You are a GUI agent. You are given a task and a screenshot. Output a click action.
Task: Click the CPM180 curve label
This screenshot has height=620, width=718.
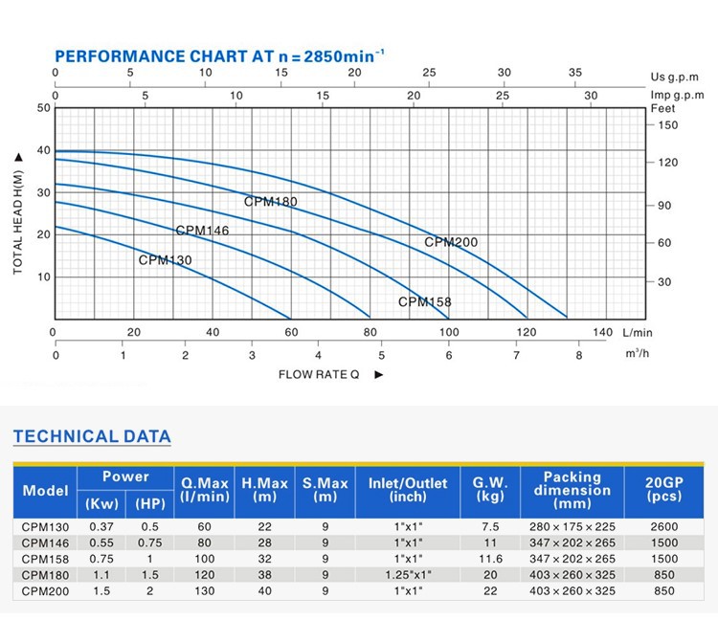[x=270, y=202]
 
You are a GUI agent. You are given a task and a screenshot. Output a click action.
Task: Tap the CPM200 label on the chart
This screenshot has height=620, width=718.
[x=450, y=243]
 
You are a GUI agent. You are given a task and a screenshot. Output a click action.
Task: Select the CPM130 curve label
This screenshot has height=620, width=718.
[x=165, y=260]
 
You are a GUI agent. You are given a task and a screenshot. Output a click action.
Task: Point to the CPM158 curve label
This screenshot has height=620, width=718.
[x=424, y=302]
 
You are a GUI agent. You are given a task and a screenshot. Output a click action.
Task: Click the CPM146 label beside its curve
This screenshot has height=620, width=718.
[x=202, y=231]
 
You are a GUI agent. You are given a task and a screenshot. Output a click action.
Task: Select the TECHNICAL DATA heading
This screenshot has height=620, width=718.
[x=92, y=437]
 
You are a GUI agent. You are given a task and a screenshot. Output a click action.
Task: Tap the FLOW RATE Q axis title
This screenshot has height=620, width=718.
[x=319, y=374]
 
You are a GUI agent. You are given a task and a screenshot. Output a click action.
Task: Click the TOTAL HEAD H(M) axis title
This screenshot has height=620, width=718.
[x=18, y=212]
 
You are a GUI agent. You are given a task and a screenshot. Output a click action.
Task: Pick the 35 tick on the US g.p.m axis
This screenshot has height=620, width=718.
[x=574, y=73]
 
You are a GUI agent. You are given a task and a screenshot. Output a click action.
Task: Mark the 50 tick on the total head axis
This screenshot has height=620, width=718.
[x=42, y=108]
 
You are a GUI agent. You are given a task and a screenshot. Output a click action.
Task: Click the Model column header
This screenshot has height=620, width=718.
[x=46, y=491]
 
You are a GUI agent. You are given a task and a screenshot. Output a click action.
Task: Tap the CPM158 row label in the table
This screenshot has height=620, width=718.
[x=46, y=558]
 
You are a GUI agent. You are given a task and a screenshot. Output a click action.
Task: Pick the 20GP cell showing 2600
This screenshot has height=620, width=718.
[x=662, y=526]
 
